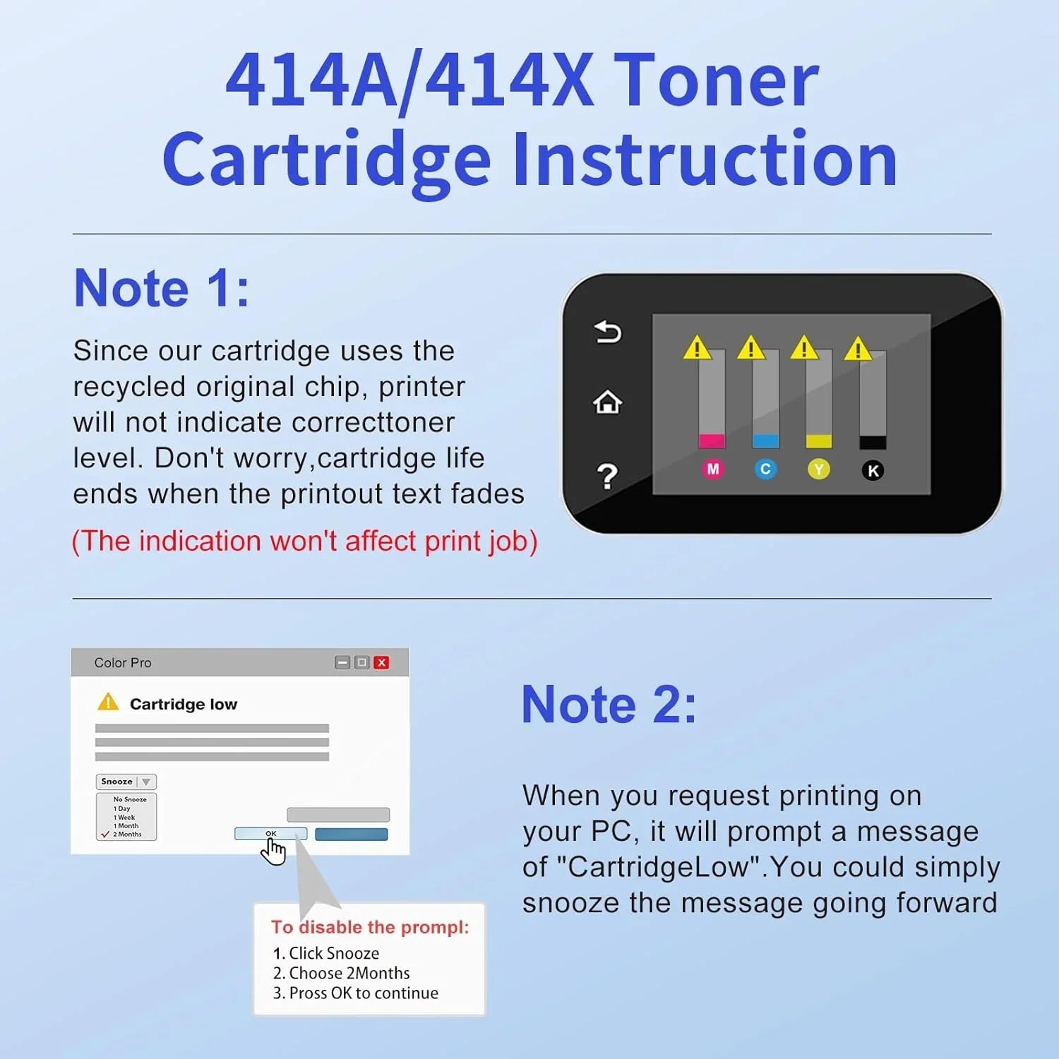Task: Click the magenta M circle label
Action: pos(712,469)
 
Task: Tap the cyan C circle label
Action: pos(765,469)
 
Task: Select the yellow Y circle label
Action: pos(819,469)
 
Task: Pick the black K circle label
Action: pos(873,470)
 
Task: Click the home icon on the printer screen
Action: pos(607,402)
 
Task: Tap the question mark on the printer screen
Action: pos(607,477)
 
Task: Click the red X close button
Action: pos(381,662)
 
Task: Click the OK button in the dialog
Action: pos(270,834)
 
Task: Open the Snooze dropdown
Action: pos(126,782)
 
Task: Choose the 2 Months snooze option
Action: pos(127,834)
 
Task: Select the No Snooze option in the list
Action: pos(130,799)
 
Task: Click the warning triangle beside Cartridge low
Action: pos(108,702)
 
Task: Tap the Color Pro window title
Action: pos(123,663)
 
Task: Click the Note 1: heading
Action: pos(162,288)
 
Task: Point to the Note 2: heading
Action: pos(609,705)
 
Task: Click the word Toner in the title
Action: pos(716,80)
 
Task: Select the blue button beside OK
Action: pos(351,834)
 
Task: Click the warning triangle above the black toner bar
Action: pos(858,348)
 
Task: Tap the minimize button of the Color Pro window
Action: pos(342,662)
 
